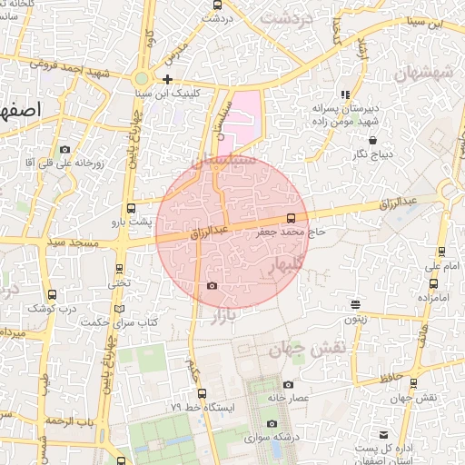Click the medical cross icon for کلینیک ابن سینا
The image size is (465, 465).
click(x=168, y=79)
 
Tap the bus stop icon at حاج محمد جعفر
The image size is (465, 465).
click(x=291, y=218)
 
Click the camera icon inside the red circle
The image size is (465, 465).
click(x=212, y=285)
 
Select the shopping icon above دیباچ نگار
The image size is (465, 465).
click(x=373, y=140)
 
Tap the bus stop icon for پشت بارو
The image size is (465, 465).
click(x=132, y=207)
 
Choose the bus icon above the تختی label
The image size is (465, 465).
click(x=119, y=269)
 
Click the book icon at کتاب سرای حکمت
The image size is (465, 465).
click(x=119, y=309)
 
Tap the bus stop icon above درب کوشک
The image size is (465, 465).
click(x=52, y=294)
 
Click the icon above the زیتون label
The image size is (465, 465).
click(x=355, y=305)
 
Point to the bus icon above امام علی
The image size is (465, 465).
click(x=441, y=252)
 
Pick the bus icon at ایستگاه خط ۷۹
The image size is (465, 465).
click(x=202, y=393)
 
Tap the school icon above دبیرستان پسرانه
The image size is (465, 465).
click(x=344, y=94)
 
